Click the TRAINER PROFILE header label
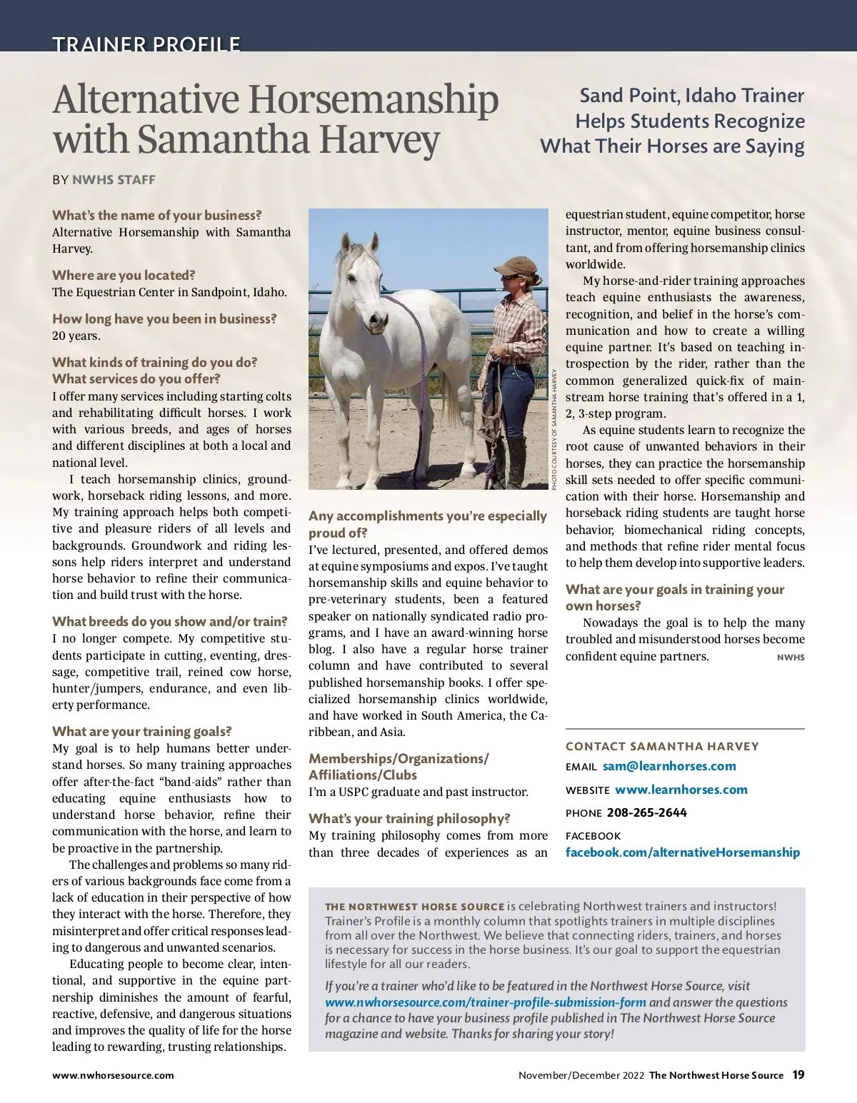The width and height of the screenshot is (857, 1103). point(146,44)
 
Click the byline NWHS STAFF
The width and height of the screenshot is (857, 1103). point(114,180)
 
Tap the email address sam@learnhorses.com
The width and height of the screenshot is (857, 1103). point(669,766)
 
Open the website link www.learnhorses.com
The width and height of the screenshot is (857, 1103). point(681,790)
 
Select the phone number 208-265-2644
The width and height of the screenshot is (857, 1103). point(647,812)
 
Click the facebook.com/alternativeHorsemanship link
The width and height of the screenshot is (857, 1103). point(683,852)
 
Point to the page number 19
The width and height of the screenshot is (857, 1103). point(798,1074)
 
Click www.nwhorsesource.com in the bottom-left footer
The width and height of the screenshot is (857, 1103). point(113,1074)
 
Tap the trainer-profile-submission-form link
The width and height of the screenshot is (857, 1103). point(486,1002)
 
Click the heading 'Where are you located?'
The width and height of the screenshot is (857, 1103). point(124,275)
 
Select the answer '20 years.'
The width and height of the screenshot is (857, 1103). point(76,336)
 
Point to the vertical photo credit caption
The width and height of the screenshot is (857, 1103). point(553,428)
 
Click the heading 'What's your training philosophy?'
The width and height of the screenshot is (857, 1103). point(409,818)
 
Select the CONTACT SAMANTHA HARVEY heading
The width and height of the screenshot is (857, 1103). point(662,746)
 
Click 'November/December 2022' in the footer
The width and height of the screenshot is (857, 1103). point(581,1075)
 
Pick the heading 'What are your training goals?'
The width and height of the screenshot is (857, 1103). point(141,731)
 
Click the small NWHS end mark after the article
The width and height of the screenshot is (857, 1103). point(791,658)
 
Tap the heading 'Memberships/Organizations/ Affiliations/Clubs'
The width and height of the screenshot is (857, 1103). point(399,766)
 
